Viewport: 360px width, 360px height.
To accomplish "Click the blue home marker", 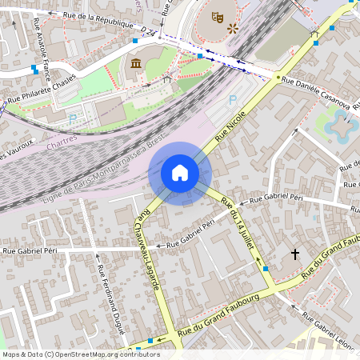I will click(x=180, y=173).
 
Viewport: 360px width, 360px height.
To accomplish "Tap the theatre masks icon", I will click(x=217, y=15).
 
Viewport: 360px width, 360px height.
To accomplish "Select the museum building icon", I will click(x=135, y=63).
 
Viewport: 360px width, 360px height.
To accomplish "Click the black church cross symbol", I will click(x=294, y=254).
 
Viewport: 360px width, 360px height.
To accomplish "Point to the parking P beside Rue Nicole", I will click(x=233, y=100).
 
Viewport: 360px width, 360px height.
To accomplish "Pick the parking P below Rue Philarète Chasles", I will click(x=73, y=118).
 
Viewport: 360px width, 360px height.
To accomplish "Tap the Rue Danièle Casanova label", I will click(x=315, y=92).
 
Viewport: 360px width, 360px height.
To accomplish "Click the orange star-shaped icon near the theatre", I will click(x=233, y=28).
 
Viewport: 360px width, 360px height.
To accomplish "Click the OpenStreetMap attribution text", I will click(x=81, y=354).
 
